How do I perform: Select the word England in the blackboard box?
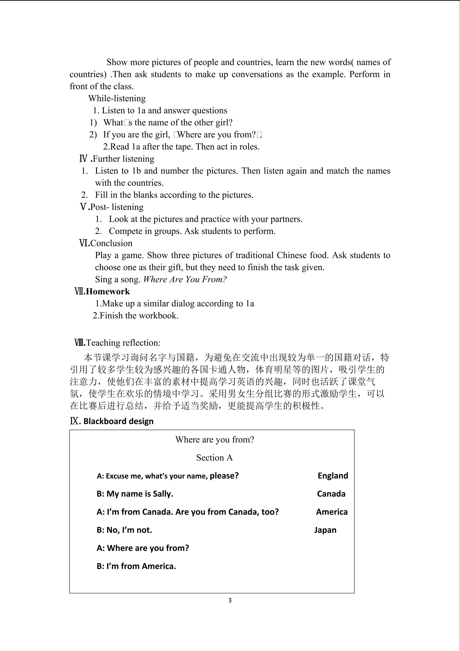pos(333,475)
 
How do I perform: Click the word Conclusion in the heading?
pos(111,243)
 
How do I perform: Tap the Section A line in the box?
pos(214,457)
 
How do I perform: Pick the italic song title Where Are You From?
pos(185,279)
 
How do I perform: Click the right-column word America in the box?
pos(332,512)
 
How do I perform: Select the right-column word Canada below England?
pos(331,494)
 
